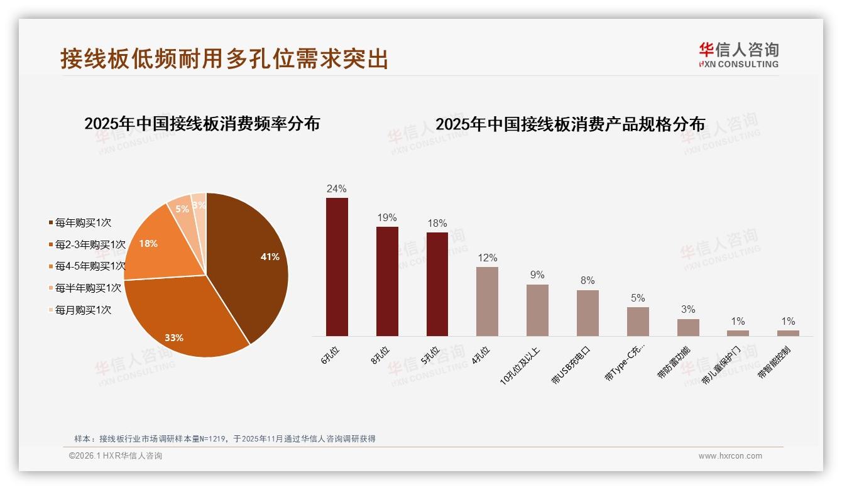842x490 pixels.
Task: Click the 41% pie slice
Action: click(251, 264)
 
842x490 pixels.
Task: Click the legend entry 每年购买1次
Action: click(82, 222)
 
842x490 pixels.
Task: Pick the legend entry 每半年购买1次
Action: click(87, 288)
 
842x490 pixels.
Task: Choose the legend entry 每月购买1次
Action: click(82, 310)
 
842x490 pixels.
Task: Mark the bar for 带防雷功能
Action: click(688, 327)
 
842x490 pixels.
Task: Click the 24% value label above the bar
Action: click(337, 188)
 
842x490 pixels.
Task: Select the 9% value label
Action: click(537, 275)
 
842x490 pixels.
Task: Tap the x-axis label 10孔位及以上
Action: click(520, 364)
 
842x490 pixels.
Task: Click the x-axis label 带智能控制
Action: click(774, 362)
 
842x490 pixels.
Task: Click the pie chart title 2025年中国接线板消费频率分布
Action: click(202, 124)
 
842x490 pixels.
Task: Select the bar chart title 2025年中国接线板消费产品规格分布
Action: click(570, 124)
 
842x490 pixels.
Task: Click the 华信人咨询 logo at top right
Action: click(738, 55)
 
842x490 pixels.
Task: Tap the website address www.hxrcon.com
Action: click(730, 456)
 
